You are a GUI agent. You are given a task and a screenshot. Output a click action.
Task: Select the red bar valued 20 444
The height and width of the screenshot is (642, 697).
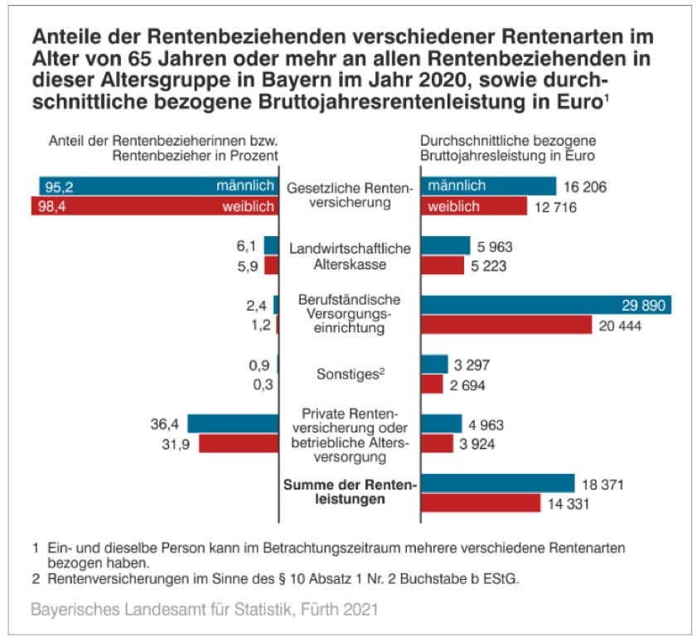[x=506, y=326]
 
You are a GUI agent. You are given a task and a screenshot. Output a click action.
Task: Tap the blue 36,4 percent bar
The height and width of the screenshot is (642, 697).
[x=232, y=424]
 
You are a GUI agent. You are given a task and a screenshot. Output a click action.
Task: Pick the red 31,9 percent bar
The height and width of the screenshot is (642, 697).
[x=238, y=444]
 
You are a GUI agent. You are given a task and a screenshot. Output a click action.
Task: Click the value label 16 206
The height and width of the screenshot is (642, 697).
[x=586, y=187]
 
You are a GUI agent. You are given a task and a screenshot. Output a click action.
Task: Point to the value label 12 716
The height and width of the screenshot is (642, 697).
[x=554, y=207]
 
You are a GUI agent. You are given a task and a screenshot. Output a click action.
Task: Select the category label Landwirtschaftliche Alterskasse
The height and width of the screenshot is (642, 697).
[x=350, y=256]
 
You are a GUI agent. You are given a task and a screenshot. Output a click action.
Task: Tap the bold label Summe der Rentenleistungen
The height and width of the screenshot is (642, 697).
[x=350, y=492]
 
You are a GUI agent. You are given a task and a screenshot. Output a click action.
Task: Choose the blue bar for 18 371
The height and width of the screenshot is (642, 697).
[x=497, y=484]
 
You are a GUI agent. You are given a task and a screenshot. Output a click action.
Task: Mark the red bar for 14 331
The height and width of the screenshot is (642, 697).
[x=481, y=503]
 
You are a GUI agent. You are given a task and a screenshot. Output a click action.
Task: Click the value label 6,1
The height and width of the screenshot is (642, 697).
[x=247, y=246]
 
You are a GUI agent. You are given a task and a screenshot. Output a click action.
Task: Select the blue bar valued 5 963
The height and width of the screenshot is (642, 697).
[x=445, y=246]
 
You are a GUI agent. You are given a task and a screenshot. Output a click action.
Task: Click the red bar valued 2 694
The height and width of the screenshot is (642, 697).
[x=433, y=384]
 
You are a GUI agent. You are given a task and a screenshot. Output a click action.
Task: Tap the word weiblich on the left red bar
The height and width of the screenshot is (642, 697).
[x=248, y=206]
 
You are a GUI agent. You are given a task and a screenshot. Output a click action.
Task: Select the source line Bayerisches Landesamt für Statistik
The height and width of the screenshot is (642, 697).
[x=204, y=611]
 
